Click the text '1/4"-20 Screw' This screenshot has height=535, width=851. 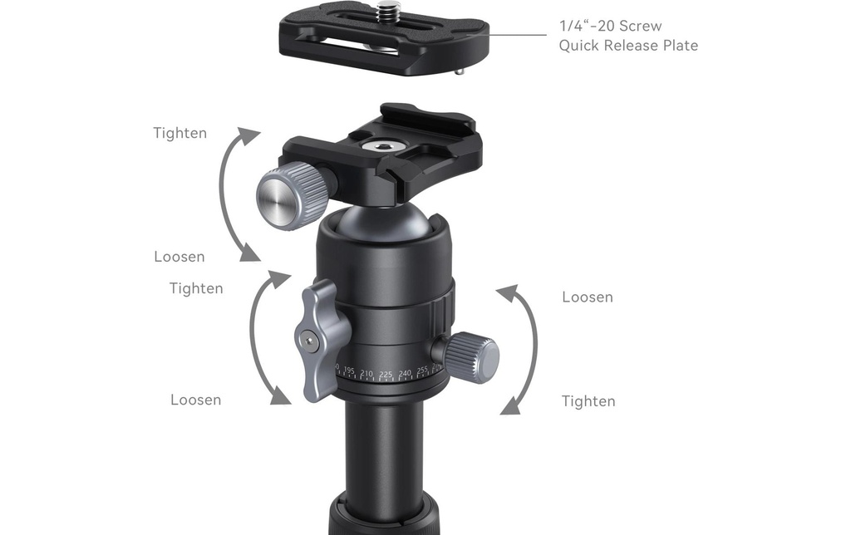tap(611, 26)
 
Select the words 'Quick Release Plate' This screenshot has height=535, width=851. tap(628, 45)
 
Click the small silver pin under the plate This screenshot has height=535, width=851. tap(459, 71)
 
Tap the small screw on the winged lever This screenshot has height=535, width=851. tap(309, 341)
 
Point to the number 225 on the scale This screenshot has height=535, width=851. tap(386, 375)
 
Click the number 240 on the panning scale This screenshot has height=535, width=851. tap(405, 373)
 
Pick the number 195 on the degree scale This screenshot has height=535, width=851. tap(349, 371)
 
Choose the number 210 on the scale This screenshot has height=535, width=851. tap(366, 374)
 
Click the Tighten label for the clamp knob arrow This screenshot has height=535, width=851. tap(180, 134)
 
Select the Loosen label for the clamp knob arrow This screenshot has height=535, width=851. tap(180, 257)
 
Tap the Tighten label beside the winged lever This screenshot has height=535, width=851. tap(196, 288)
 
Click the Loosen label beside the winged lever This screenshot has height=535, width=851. tap(196, 400)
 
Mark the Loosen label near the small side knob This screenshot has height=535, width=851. tap(588, 297)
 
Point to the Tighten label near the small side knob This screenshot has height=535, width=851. tap(589, 401)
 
